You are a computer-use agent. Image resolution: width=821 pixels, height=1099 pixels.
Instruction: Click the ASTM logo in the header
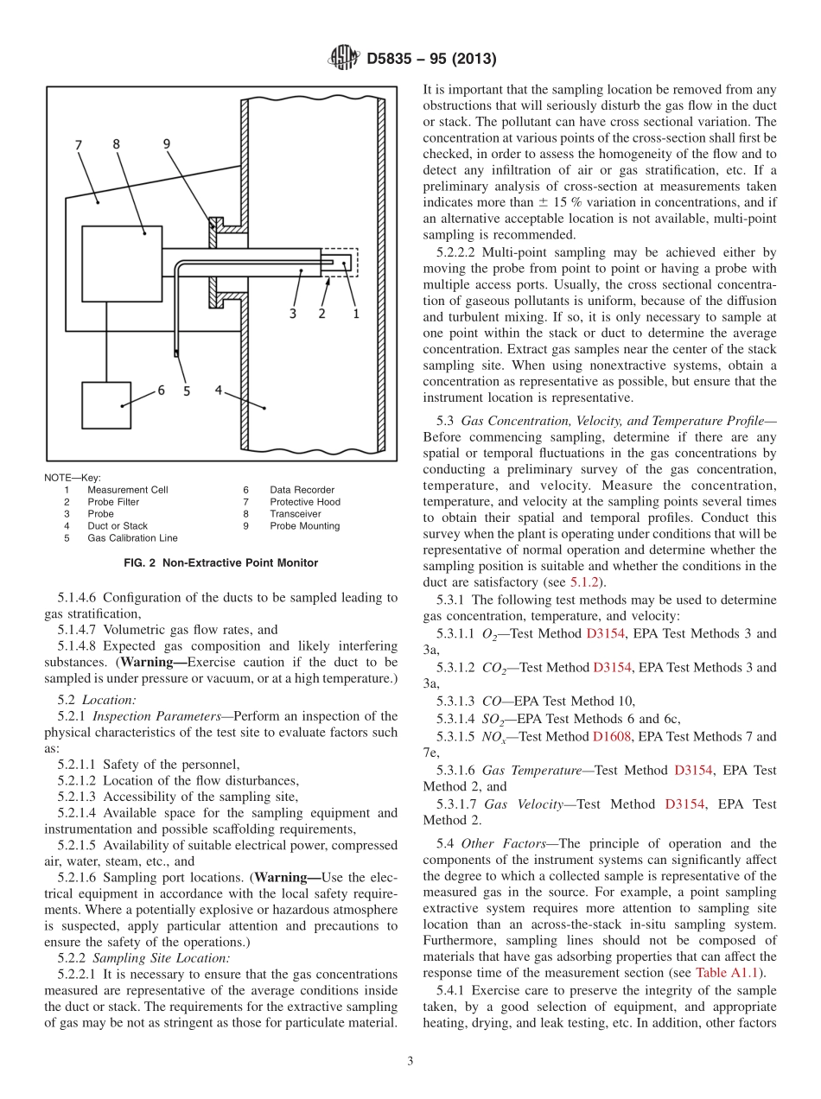[x=343, y=59]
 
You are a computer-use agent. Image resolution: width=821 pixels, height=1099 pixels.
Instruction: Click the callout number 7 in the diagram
[x=80, y=145]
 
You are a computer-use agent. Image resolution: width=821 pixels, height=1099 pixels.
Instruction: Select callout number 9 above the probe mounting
[x=167, y=144]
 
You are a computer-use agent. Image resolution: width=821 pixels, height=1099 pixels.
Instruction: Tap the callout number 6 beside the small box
[x=160, y=391]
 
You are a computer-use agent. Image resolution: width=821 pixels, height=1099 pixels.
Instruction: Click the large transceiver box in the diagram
[x=121, y=264]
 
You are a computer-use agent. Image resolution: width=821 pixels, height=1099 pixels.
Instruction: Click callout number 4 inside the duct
[x=220, y=391]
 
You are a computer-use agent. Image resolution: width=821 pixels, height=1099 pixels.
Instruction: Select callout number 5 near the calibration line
[x=186, y=391]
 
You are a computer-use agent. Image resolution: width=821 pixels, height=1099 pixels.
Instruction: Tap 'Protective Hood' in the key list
[x=304, y=502]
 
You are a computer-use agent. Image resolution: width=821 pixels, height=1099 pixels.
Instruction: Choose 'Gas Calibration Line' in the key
[x=132, y=538]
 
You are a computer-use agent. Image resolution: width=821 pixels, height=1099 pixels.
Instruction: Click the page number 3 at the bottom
[x=410, y=1061]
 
